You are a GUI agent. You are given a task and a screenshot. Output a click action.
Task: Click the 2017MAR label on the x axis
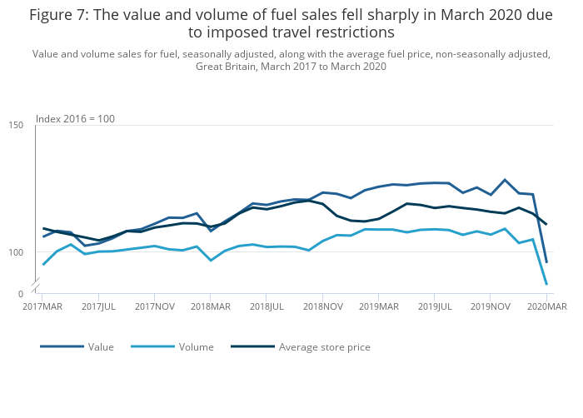(42, 306)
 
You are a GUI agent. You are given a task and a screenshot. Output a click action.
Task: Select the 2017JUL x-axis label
(99, 306)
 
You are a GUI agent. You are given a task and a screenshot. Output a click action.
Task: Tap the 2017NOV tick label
(155, 306)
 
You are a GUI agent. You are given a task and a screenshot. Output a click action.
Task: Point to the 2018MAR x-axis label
(211, 306)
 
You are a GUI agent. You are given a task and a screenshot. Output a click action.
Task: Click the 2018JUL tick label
(267, 306)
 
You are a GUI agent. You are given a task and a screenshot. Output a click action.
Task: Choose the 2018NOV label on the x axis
(322, 306)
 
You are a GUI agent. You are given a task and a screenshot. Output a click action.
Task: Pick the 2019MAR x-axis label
(378, 306)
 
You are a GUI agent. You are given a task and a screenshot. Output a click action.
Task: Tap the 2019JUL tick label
(435, 306)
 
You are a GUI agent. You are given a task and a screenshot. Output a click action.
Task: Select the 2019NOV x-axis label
(491, 306)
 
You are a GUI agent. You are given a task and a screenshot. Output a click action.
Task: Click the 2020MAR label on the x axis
(546, 306)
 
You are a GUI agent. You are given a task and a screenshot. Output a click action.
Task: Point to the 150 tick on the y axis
(17, 126)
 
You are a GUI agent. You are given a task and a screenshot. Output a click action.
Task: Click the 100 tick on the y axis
(17, 252)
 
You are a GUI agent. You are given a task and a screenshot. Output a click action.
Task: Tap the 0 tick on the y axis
(20, 294)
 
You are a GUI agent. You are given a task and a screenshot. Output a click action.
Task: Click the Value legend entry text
(101, 347)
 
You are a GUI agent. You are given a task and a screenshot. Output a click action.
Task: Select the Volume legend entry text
(196, 347)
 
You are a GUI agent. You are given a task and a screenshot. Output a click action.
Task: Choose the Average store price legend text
(324, 347)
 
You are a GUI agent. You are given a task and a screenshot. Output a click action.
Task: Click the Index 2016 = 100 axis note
(75, 119)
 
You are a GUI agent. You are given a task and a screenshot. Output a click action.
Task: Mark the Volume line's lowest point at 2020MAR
(546, 285)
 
